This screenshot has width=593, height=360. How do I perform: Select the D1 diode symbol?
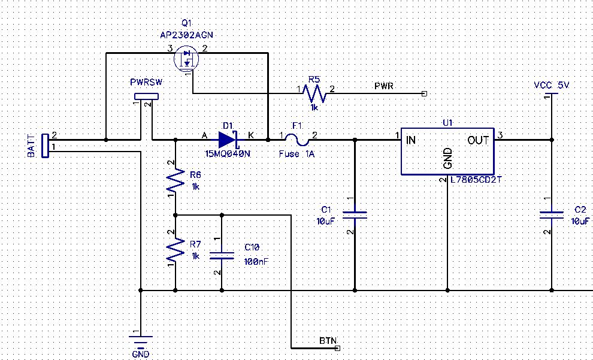[228, 140]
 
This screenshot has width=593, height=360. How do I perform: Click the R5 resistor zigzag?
[314, 93]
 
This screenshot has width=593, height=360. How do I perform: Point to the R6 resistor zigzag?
[176, 179]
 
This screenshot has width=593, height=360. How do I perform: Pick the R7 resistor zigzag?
[176, 250]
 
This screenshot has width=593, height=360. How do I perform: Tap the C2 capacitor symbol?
[550, 215]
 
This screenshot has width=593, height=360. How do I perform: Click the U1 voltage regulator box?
[447, 152]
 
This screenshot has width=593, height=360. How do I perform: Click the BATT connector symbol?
[45, 146]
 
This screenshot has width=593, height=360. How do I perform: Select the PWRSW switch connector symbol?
[146, 96]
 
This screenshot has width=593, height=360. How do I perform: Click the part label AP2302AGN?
[186, 35]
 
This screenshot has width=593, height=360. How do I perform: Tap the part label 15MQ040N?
[228, 153]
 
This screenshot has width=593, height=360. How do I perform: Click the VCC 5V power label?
[552, 86]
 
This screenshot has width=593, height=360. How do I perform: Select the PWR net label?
[383, 86]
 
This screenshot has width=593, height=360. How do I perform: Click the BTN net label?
[327, 340]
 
